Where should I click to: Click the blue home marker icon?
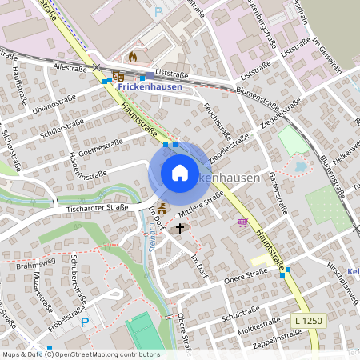(x=179, y=173)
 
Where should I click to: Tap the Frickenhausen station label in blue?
(x=150, y=86)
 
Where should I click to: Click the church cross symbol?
(x=180, y=229)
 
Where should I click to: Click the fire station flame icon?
(x=133, y=58)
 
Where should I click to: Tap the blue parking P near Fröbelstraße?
(x=86, y=323)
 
